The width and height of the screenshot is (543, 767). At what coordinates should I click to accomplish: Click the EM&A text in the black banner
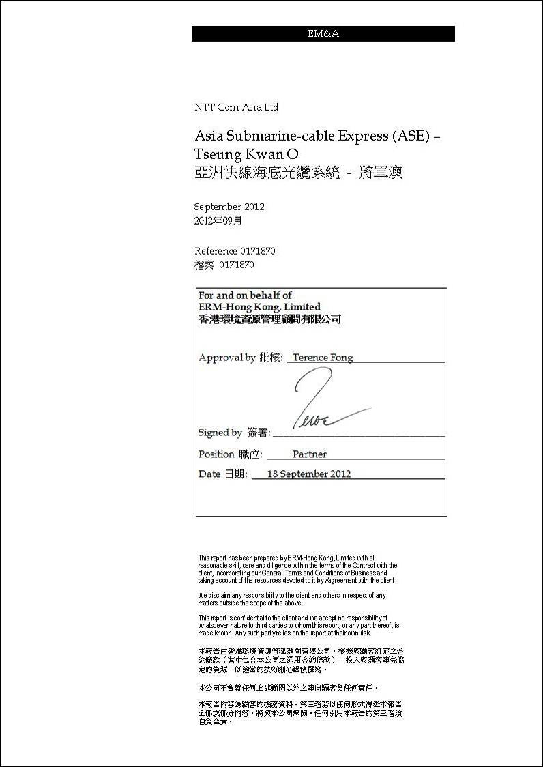click(323, 34)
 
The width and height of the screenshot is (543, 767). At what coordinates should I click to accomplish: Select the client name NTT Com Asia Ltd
click(236, 107)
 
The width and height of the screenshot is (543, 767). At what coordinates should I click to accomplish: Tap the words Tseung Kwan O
click(246, 154)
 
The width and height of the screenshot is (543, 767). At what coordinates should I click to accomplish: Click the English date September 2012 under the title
click(229, 207)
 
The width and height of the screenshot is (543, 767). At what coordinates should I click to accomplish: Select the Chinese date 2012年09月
click(218, 221)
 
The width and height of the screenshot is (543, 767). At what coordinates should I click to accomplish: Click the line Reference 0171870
click(235, 251)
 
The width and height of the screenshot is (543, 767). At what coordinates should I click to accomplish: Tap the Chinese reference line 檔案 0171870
click(224, 265)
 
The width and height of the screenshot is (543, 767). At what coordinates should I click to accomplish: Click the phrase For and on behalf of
click(245, 295)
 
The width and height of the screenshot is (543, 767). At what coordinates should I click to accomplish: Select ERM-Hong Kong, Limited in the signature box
click(259, 307)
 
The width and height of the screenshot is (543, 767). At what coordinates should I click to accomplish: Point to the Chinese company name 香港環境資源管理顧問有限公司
click(269, 319)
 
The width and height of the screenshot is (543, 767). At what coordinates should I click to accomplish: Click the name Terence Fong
click(323, 358)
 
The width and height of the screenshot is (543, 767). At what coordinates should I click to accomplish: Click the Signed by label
click(220, 433)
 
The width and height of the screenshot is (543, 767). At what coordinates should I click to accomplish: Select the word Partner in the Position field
click(310, 454)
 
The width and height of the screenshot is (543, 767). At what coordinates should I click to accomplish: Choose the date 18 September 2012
click(308, 474)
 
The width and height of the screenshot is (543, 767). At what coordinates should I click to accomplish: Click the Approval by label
click(227, 358)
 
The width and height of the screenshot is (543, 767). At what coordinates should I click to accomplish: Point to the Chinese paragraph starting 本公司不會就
click(287, 689)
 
